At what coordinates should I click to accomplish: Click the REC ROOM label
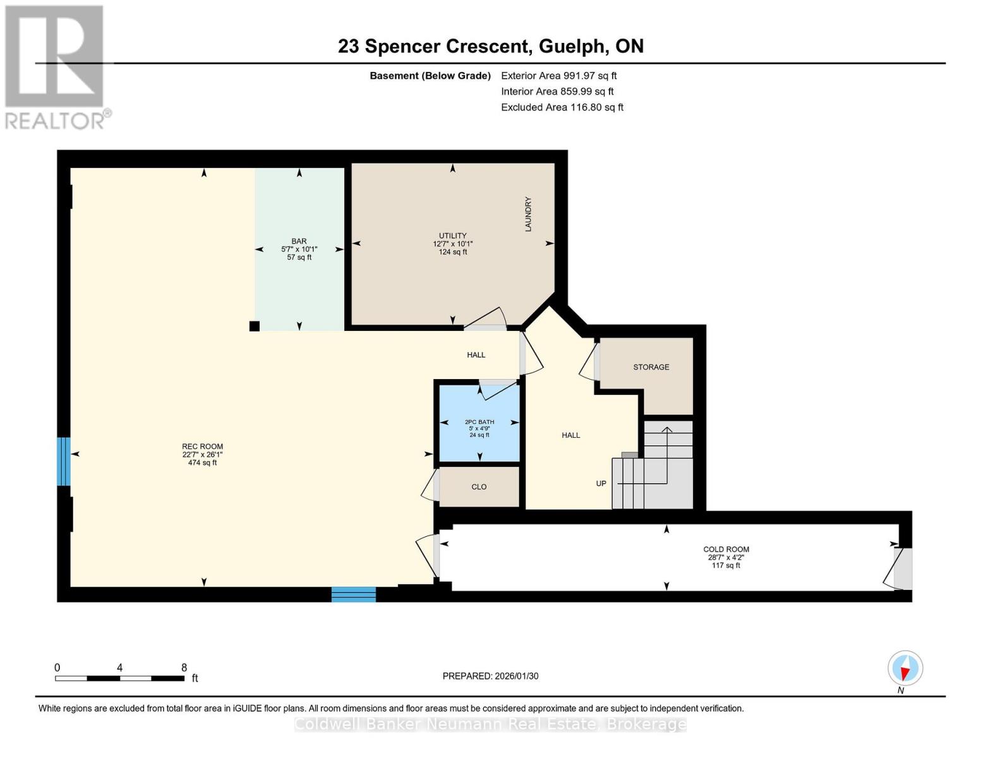[x=202, y=447]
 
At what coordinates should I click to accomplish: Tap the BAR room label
[x=299, y=241]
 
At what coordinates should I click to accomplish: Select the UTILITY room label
[x=452, y=236]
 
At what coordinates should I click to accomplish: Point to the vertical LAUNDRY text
[x=528, y=214]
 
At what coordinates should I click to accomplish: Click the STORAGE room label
[x=651, y=367]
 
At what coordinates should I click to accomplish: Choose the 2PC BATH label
[x=479, y=422]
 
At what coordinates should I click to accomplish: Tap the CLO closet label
[x=479, y=487]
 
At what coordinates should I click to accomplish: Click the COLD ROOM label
[x=726, y=550]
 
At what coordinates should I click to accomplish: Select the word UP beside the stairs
[x=601, y=483]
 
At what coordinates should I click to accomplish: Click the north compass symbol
[x=905, y=668]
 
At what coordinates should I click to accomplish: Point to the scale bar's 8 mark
[x=184, y=668]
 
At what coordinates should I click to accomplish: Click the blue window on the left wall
[x=63, y=461]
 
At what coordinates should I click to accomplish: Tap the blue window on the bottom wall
[x=354, y=594]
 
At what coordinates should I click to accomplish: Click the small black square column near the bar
[x=254, y=326]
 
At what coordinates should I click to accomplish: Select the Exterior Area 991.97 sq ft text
[x=558, y=76]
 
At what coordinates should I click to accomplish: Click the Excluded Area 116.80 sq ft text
[x=562, y=107]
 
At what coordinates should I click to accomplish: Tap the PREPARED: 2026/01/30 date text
[x=490, y=676]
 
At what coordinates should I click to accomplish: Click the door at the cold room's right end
[x=902, y=568]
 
